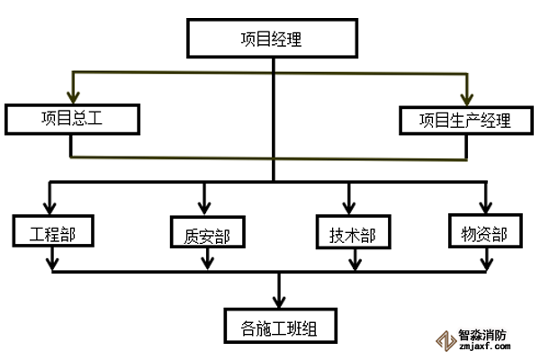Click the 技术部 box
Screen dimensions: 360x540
coord(347,233)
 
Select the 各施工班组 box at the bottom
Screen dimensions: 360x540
coord(280,325)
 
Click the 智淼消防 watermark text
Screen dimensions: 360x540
coord(482,332)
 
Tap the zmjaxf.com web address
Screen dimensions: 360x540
coord(482,345)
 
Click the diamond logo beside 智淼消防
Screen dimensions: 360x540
coord(445,338)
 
